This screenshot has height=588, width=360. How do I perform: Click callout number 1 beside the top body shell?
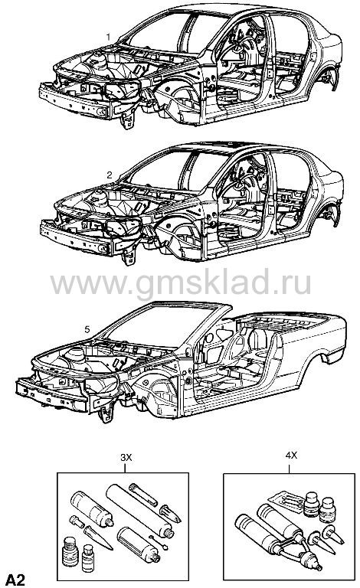coord(108,37)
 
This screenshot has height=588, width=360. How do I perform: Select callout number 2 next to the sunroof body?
coord(110,175)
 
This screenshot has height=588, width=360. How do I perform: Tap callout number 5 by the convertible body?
coord(87,329)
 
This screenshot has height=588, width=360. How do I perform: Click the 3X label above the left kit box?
coord(126,458)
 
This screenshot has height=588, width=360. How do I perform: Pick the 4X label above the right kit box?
coord(291,456)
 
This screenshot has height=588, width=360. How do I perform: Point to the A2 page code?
coord(15,580)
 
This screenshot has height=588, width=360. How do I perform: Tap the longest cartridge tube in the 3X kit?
coord(139,511)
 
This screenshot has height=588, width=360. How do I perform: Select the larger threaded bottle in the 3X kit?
coord(70,551)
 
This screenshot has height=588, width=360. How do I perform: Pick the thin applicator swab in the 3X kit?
coord(158,541)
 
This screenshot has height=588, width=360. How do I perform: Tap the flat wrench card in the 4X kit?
coord(286,501)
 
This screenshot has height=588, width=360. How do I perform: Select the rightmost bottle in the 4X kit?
coord(327,509)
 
